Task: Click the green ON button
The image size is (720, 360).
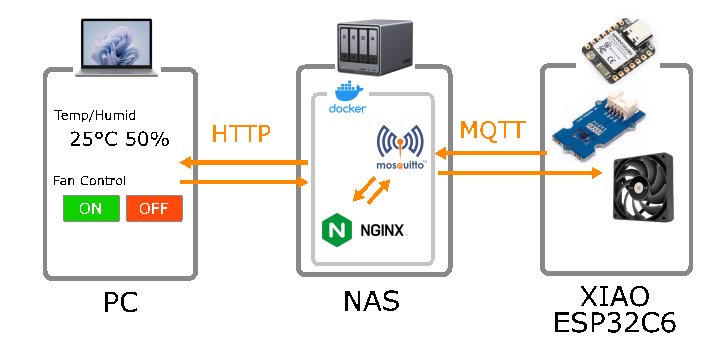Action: (90, 209)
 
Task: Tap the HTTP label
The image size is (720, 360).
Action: (241, 134)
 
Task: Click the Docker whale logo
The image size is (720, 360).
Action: (347, 99)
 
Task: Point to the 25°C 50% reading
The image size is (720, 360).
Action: (119, 139)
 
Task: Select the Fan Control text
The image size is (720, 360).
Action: (89, 181)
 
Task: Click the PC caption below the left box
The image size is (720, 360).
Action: (120, 303)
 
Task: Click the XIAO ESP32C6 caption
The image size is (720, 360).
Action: (615, 310)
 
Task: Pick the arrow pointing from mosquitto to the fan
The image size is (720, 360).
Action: (520, 173)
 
